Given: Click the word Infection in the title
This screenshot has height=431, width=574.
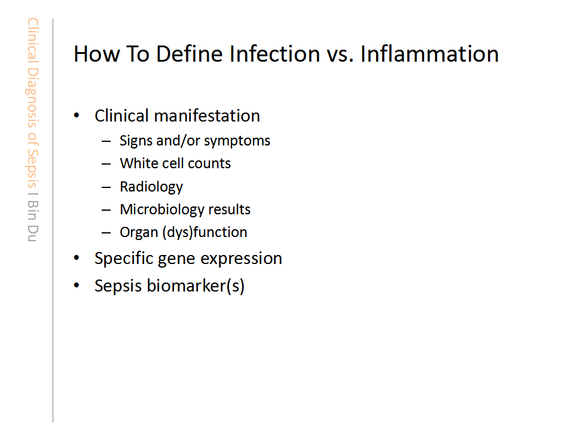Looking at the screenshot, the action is coord(275,54).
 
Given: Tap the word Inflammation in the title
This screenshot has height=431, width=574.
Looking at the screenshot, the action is coord(429,54).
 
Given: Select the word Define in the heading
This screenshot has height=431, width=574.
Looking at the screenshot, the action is coord(190,54).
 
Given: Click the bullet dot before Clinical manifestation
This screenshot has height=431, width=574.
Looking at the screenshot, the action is coord(77,116).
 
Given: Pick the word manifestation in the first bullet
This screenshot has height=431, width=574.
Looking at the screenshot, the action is coord(207,116).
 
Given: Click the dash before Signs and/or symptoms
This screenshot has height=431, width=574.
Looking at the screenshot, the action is coord(106,141).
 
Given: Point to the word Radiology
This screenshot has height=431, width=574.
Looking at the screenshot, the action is coord(151,187).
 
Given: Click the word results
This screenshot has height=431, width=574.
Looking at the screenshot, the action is coord(230,210).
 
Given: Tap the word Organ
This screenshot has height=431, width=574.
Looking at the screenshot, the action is coord(139,233).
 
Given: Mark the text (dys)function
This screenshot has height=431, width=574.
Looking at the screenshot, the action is coord(205,232).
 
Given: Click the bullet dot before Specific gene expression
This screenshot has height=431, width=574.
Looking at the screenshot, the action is coord(77,258).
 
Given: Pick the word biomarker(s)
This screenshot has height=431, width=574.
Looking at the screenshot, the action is coord(196,286).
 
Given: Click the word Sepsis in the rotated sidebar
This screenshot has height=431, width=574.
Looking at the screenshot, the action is coord(32,168).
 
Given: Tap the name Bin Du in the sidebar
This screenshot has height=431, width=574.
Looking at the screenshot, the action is coord(32,221).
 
